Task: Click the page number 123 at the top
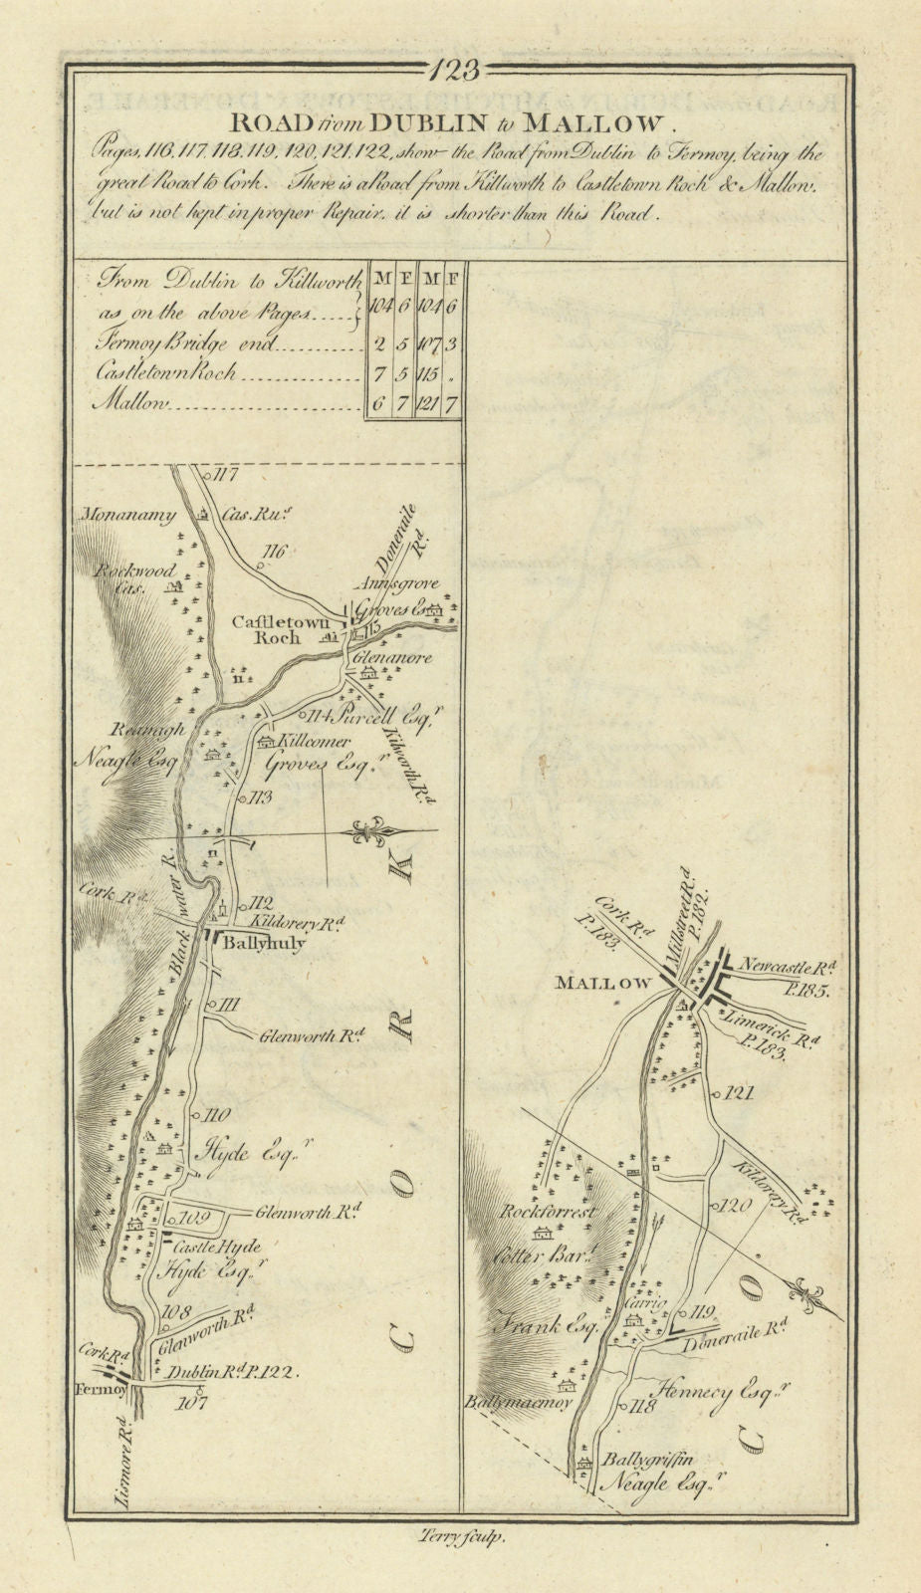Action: (x=460, y=71)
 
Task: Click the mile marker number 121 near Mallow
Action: (x=739, y=1092)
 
